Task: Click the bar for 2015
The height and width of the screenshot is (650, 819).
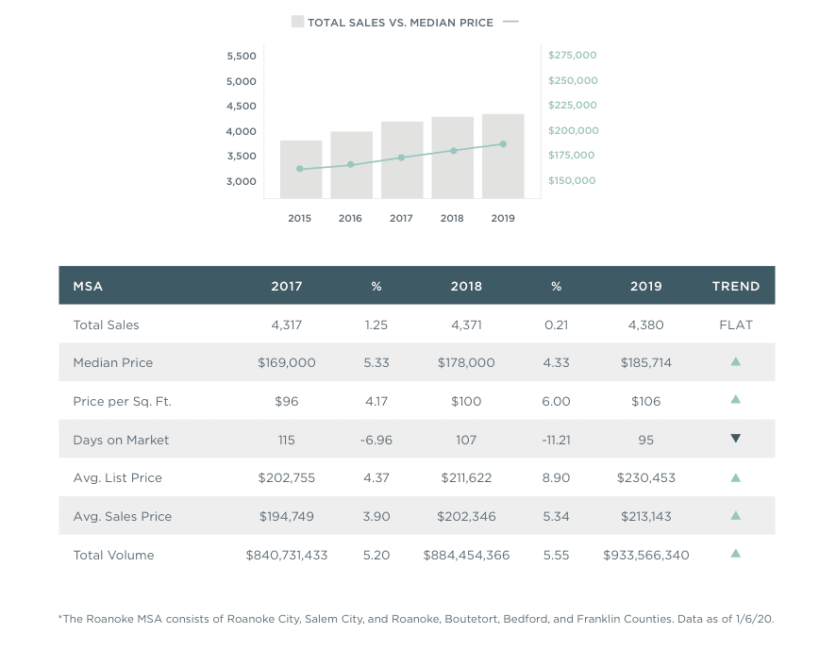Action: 301,170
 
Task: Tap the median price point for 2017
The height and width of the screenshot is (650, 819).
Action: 401,158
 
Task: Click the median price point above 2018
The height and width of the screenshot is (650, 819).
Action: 453,150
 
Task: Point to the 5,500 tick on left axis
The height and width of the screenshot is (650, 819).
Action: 242,57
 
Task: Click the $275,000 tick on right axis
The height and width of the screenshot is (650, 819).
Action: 572,56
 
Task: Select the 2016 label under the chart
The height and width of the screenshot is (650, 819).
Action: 350,218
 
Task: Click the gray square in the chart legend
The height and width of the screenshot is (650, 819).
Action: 297,22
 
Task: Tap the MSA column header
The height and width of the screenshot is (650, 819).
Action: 88,286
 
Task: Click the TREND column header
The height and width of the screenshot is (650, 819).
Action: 736,286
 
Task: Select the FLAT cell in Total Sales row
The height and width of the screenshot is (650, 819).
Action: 736,325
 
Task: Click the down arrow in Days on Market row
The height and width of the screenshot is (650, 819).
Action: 736,439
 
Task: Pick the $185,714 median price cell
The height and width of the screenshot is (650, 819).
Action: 646,362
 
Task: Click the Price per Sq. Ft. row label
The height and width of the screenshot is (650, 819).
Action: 122,401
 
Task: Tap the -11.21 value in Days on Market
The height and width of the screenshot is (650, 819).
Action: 557,440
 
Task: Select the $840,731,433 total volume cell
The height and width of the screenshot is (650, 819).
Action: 287,555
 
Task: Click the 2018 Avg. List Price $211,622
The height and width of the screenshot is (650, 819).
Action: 466,477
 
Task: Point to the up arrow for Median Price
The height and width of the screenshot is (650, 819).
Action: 736,361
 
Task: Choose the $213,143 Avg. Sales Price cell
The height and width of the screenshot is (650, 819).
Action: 646,516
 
